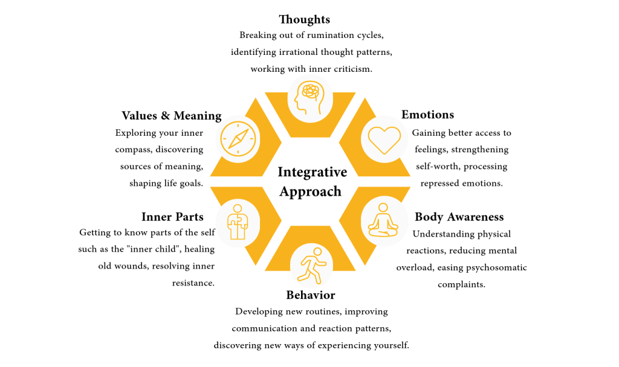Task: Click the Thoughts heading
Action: pyautogui.click(x=304, y=20)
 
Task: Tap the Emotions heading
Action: pyautogui.click(x=427, y=115)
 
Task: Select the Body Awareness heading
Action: pyautogui.click(x=459, y=217)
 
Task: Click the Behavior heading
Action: pyautogui.click(x=310, y=295)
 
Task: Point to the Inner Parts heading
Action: pyautogui.click(x=172, y=217)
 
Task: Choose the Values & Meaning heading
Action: pyautogui.click(x=171, y=116)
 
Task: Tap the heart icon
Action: pyautogui.click(x=384, y=139)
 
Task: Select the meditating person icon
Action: pyautogui.click(x=384, y=220)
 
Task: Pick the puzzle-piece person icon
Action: pyautogui.click(x=237, y=222)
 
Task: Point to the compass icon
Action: pyautogui.click(x=238, y=139)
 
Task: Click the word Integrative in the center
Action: pyautogui.click(x=312, y=173)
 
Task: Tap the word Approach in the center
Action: pyautogui.click(x=310, y=192)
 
